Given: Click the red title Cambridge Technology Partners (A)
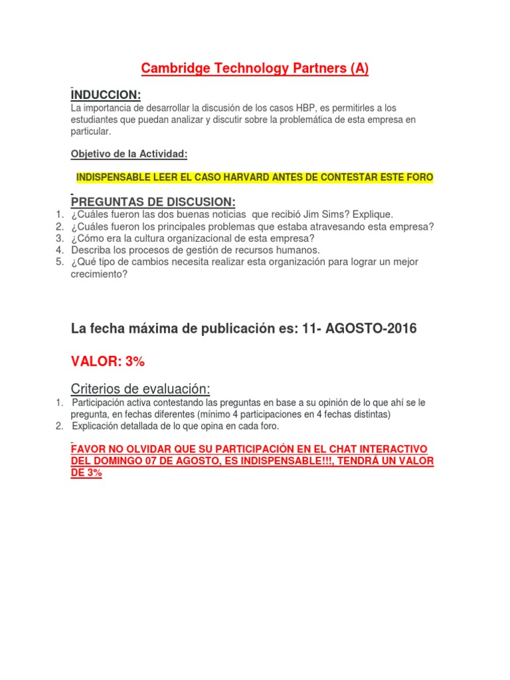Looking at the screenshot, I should [x=255, y=68].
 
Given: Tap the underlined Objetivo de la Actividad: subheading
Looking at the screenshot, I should [x=129, y=154].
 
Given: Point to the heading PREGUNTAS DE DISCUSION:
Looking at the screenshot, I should [x=153, y=201].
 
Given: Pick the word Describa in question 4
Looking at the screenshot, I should [x=92, y=250].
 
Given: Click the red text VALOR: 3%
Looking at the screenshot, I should [x=108, y=361].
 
